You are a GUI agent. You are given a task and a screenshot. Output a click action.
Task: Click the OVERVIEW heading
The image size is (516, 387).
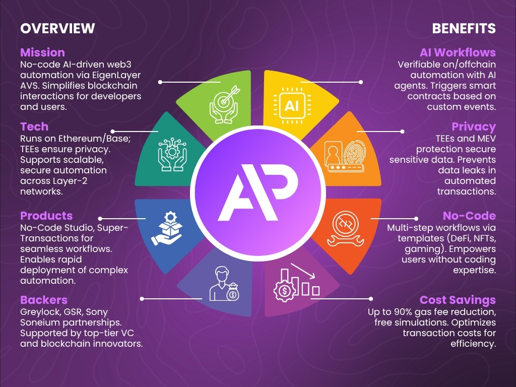(57, 28)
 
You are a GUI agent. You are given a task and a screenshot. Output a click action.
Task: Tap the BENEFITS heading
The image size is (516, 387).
(464, 28)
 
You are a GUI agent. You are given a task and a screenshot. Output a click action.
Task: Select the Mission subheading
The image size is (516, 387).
(42, 52)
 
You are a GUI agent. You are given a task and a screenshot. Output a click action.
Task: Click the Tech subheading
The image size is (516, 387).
(34, 126)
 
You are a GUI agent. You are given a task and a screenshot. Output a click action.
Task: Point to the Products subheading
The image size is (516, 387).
(46, 216)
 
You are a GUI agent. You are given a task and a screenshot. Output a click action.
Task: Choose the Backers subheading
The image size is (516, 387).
(44, 300)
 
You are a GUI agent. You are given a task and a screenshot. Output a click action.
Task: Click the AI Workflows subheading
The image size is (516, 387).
(458, 52)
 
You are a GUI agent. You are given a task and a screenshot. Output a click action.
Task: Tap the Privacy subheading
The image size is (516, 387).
(474, 126)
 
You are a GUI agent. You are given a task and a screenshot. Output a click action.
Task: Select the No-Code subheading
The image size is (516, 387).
(469, 216)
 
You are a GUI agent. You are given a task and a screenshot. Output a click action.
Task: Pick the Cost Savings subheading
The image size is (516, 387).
(458, 300)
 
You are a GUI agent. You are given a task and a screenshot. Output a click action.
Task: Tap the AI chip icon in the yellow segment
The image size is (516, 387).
(291, 105)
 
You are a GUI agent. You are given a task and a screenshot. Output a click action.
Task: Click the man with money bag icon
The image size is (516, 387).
(224, 285)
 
